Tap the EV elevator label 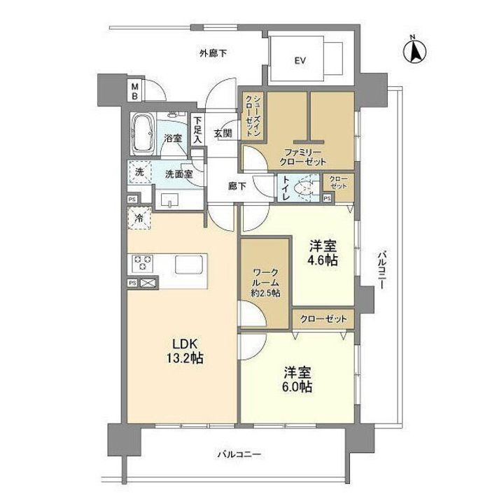pos(300,60)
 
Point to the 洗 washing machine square pos(140,172)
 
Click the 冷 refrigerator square pos(139,218)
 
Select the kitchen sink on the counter pos(189,264)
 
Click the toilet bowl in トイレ pos(303,188)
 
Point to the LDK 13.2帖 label pos(185,351)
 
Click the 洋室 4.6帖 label pos(323,253)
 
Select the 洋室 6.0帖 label pos(297,379)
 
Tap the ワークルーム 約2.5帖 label pos(265,283)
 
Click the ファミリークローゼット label pos(302,157)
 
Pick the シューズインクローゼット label pos(253,116)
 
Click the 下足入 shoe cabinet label pos(197,129)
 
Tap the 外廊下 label pos(213,52)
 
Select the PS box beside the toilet pos(327,198)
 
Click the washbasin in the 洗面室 pos(169,200)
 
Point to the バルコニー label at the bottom pos(239,454)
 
